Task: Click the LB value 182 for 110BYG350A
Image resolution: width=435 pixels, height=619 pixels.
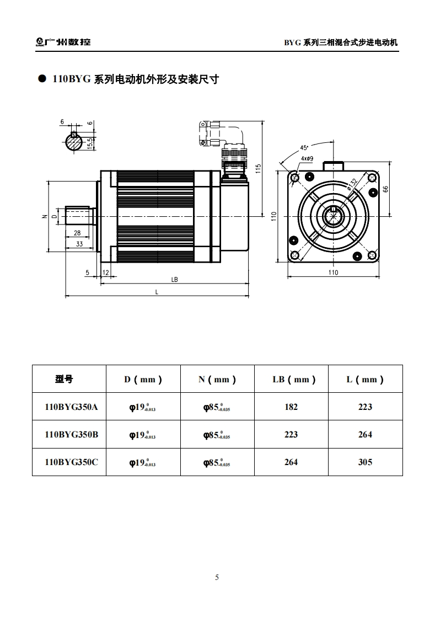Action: (x=291, y=407)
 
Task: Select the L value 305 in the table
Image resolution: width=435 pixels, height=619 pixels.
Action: (x=365, y=462)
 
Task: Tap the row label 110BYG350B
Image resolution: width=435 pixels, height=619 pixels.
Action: (x=71, y=435)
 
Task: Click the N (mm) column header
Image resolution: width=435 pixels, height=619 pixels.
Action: (x=217, y=380)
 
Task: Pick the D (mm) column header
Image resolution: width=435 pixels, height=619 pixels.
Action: (x=143, y=380)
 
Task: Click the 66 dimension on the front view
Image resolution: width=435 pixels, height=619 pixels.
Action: (x=386, y=189)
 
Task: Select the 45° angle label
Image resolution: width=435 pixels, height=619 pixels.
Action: (x=304, y=148)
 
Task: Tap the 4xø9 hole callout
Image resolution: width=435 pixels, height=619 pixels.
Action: (x=307, y=158)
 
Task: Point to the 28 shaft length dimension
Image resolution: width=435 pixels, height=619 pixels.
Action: (x=77, y=233)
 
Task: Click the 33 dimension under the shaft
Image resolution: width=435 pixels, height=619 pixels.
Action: (x=79, y=243)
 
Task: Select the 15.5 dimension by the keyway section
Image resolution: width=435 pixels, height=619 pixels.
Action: (x=89, y=143)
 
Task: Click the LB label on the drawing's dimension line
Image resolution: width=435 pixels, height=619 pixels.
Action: (x=174, y=280)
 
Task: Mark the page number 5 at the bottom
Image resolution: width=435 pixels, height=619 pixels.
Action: (x=217, y=578)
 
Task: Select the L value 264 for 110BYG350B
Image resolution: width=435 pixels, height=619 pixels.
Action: (x=365, y=435)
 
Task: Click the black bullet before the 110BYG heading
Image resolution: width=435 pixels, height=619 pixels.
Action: (x=41, y=79)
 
